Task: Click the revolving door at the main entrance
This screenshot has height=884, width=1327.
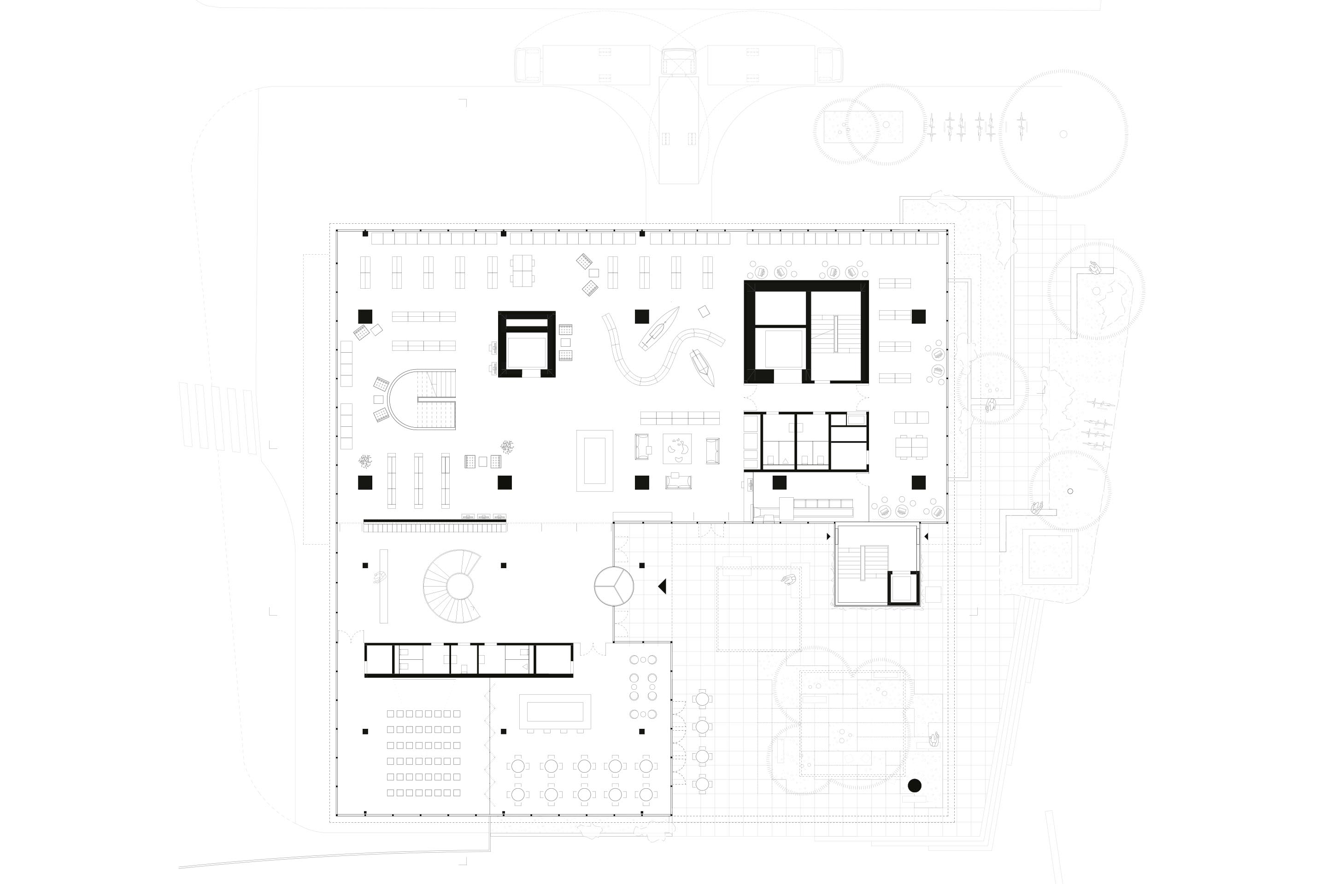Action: coord(614,586)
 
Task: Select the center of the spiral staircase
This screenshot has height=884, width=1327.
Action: coord(459,586)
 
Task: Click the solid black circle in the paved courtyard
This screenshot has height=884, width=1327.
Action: coord(915,785)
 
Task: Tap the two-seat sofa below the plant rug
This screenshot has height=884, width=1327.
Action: coord(678,482)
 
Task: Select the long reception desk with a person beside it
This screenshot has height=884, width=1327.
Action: coord(384,586)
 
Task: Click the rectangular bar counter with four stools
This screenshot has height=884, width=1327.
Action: coord(555,711)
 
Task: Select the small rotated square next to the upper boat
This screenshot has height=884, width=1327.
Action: coord(704,311)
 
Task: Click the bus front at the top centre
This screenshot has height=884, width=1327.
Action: coord(678,62)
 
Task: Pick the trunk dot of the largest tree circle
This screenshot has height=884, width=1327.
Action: coord(1063,134)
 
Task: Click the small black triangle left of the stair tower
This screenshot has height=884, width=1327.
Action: coord(828,536)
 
